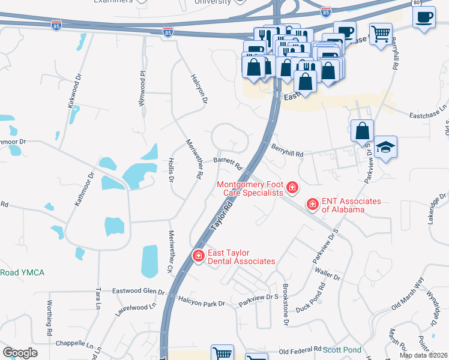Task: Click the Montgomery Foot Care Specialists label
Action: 249,188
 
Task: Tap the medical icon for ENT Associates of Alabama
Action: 313,205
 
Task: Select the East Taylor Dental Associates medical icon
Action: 197,256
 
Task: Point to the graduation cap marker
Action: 385,148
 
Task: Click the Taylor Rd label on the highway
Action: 221,217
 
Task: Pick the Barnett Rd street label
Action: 228,162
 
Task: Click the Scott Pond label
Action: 342,349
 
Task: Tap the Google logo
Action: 20,353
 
